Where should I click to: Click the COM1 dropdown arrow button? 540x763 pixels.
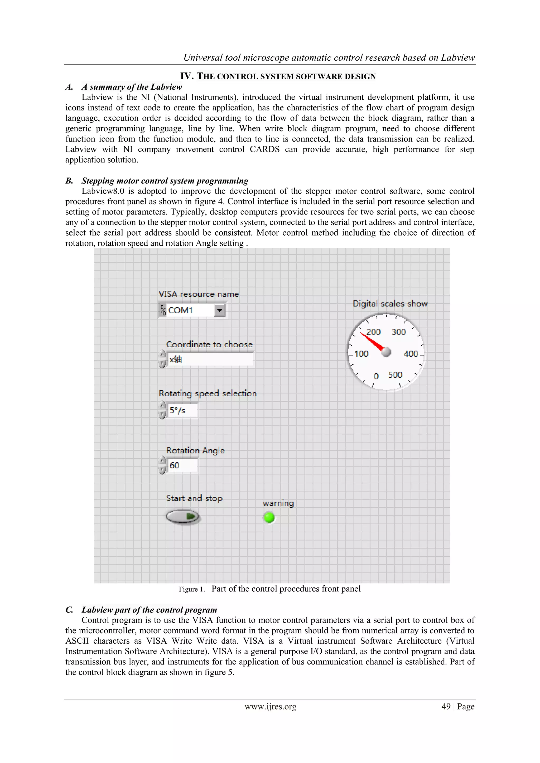(x=219, y=311)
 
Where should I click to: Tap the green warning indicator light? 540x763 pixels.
(x=269, y=517)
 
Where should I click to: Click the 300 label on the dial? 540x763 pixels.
(x=398, y=332)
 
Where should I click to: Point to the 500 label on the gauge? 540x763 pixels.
(x=395, y=375)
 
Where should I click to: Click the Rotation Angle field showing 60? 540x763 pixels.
(x=182, y=465)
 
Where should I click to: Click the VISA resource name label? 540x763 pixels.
(x=199, y=294)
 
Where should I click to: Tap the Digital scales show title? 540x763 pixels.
(x=390, y=303)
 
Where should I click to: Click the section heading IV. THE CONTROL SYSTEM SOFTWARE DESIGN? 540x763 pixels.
(x=278, y=76)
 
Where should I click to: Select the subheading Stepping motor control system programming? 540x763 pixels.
(x=165, y=181)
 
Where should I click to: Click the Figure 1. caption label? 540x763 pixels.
(x=191, y=589)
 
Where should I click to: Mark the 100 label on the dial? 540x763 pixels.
(x=361, y=354)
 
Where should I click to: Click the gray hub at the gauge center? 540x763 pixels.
(x=386, y=352)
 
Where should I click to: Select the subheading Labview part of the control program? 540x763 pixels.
(x=149, y=610)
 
